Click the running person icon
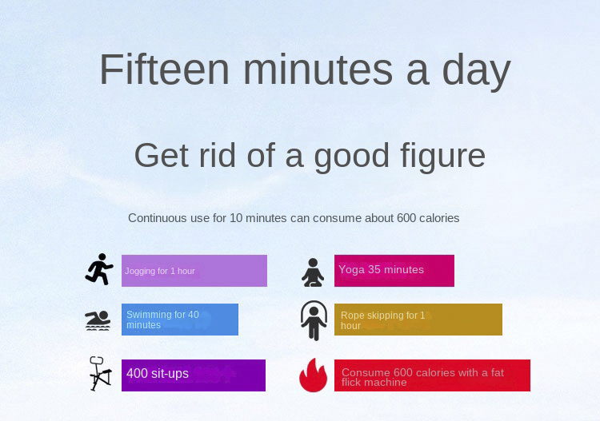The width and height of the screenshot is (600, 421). pyautogui.click(x=99, y=269)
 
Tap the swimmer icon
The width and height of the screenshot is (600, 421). pyautogui.click(x=98, y=320)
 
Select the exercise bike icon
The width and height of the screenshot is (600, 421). pyautogui.click(x=100, y=374)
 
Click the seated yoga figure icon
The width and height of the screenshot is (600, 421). pyautogui.click(x=313, y=272)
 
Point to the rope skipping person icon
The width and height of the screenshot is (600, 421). pyautogui.click(x=314, y=320)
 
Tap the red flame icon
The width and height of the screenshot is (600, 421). pyautogui.click(x=314, y=375)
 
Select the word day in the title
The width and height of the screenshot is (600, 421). pyautogui.click(x=477, y=72)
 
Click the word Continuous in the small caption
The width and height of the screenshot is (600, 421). pyautogui.click(x=158, y=218)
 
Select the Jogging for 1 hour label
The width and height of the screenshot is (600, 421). pyautogui.click(x=159, y=272)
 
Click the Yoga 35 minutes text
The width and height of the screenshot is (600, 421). pyautogui.click(x=381, y=270)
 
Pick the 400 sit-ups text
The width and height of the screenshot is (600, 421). pyautogui.click(x=158, y=374)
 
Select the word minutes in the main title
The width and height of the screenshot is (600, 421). pyautogui.click(x=318, y=70)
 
